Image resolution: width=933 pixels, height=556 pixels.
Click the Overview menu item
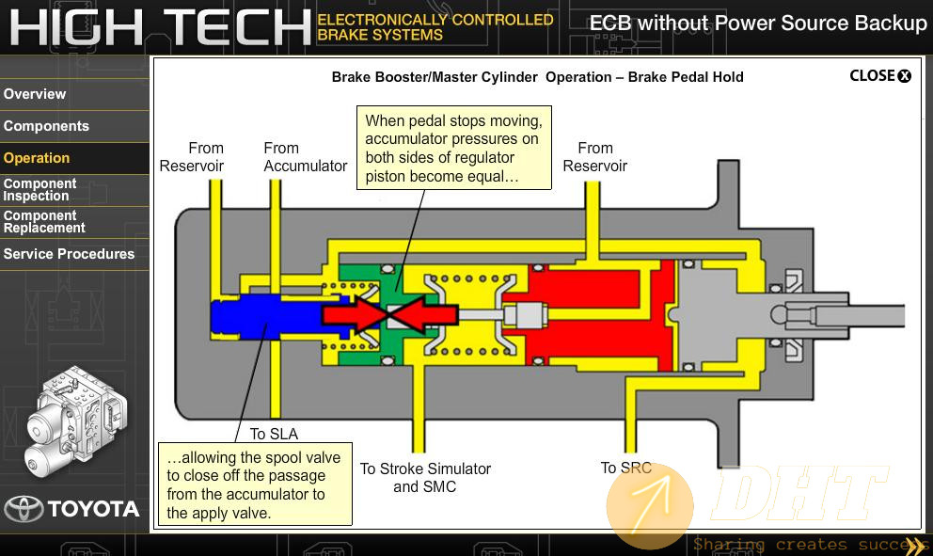35,94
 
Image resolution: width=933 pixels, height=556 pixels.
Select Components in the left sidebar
46,126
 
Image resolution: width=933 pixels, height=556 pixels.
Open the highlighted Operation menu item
37,158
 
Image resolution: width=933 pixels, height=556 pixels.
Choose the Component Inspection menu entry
40,190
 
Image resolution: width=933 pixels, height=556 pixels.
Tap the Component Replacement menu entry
44,222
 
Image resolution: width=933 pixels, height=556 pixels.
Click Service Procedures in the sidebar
69,254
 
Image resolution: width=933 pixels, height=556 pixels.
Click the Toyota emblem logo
24,509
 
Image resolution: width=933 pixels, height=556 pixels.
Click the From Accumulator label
306,157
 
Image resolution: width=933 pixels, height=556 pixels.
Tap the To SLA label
274,434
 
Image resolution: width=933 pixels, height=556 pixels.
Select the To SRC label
626,468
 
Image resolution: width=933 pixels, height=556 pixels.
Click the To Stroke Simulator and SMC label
425,477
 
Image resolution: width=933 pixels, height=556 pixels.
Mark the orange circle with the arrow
650,506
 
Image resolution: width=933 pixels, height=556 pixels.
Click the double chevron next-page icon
916,544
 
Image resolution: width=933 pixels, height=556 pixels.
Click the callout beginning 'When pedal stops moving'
454,149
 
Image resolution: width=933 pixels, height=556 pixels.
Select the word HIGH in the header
76,27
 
